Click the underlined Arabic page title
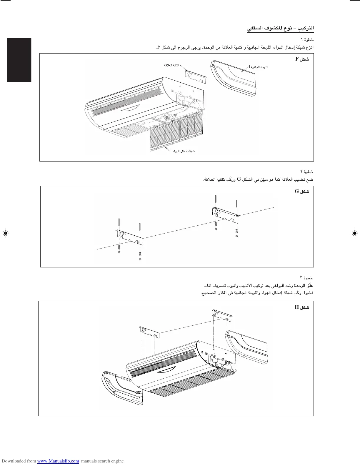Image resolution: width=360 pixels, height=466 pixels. (x=280, y=29)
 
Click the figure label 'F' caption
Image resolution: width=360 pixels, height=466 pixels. (x=302, y=59)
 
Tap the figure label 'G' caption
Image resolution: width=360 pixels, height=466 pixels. (x=302, y=192)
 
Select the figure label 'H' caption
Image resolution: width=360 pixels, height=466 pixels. (x=302, y=307)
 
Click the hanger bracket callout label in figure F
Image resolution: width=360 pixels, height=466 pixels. (x=172, y=65)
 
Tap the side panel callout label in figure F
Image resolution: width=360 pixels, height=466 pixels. (x=259, y=67)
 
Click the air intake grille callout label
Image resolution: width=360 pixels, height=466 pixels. (x=184, y=151)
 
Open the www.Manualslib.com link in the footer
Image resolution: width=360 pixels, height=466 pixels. (x=58, y=461)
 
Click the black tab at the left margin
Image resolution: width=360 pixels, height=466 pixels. (x=19, y=60)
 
